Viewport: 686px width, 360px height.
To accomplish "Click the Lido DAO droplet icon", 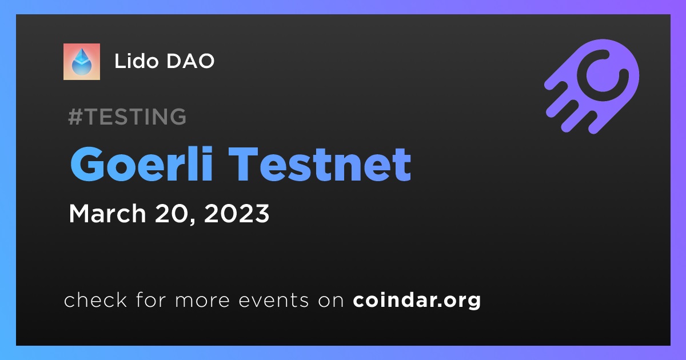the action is click(81, 62).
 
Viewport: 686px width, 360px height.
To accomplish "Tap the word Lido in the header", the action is click(137, 61).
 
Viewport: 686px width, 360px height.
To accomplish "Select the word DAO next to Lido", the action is click(190, 61).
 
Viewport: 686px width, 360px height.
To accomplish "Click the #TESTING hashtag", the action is click(127, 117).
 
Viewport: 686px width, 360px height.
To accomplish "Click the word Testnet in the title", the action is click(320, 164).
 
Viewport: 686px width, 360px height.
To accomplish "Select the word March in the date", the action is click(107, 213).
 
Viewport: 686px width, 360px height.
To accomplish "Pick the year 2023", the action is click(237, 213).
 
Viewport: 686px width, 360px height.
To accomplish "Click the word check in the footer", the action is click(95, 299).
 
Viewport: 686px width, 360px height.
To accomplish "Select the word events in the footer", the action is click(273, 300).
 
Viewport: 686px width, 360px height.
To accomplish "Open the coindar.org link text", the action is click(417, 301).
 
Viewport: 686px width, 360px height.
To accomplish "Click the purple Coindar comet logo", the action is click(592, 86).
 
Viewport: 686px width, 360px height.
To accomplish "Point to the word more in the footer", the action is click(202, 301).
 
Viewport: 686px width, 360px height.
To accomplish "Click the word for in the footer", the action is click(151, 299).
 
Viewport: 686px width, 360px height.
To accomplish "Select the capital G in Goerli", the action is click(87, 164).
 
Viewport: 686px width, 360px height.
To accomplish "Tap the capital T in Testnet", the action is click(244, 164).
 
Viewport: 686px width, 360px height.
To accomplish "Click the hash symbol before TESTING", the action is click(75, 117).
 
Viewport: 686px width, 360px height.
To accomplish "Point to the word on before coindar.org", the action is click(331, 301).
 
